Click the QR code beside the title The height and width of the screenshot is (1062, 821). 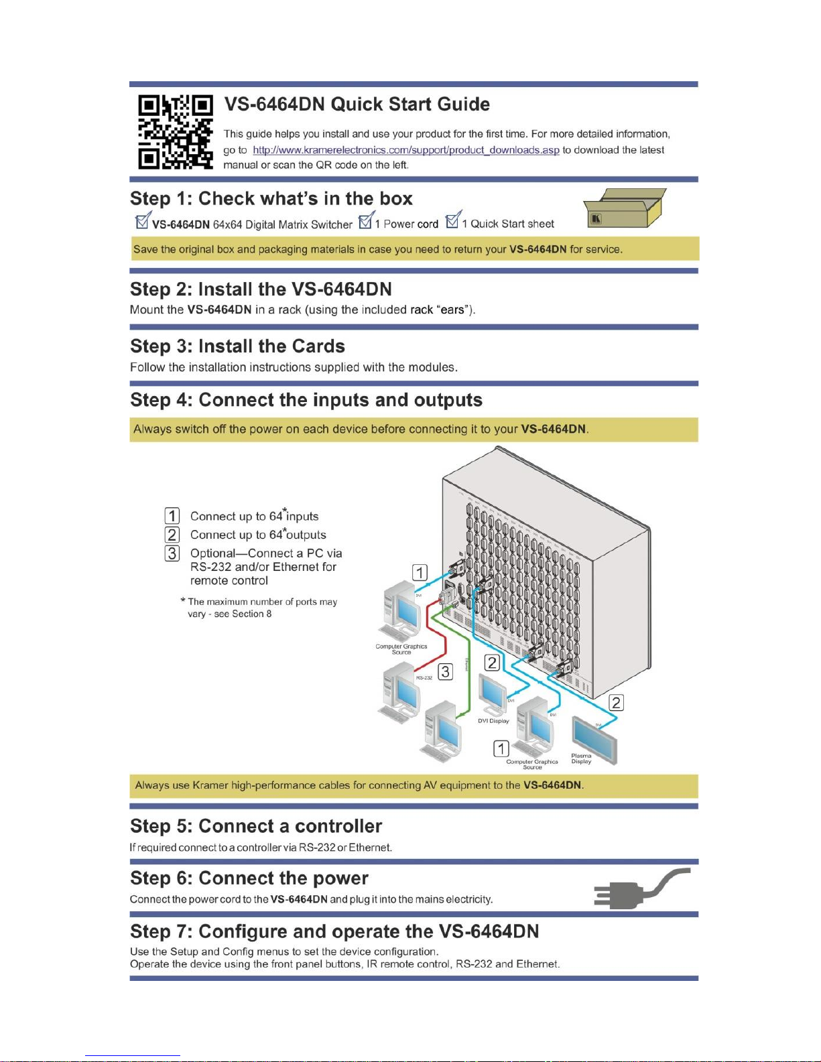point(176,131)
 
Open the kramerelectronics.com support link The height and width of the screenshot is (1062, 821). point(405,150)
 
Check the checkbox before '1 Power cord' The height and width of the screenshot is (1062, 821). point(366,220)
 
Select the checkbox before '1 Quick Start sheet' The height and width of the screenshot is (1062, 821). point(453,220)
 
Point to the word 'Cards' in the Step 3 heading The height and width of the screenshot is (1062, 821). point(318,346)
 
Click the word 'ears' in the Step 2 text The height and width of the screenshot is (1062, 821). point(452,310)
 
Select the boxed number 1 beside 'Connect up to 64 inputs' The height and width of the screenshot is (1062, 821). point(172,516)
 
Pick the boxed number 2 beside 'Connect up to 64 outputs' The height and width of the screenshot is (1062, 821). point(172,535)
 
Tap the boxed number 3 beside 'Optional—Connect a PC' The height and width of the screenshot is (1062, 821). point(172,553)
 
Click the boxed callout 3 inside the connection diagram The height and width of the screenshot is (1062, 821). point(445,671)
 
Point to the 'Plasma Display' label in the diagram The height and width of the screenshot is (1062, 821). point(581,758)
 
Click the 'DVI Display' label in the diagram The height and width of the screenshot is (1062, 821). point(493,721)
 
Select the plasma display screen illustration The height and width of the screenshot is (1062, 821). point(594,738)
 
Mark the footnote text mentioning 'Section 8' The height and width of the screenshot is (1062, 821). point(262,608)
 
